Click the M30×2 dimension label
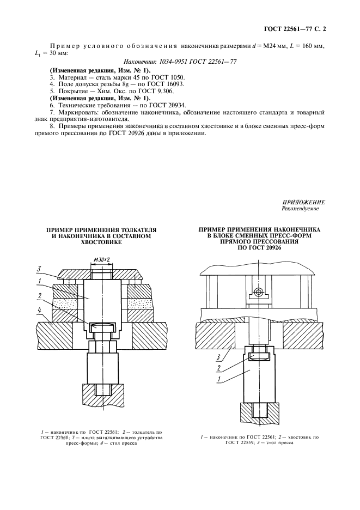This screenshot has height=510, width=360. [101, 259]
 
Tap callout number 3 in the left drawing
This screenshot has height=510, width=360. [39, 269]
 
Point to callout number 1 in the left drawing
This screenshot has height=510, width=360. [39, 281]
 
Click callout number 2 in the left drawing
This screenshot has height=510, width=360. [39, 295]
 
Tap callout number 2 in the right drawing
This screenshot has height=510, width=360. [218, 368]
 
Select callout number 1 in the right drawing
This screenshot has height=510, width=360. [218, 379]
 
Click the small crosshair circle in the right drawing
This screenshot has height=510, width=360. [258, 292]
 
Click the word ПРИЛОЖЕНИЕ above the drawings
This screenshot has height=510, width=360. [303, 202]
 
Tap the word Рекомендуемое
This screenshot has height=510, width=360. [300, 209]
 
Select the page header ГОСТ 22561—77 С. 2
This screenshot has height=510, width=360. [295, 29]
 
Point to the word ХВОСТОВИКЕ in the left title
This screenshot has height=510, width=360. [101, 242]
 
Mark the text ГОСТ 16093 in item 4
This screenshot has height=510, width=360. [167, 84]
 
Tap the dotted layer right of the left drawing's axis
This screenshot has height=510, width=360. [139, 303]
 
